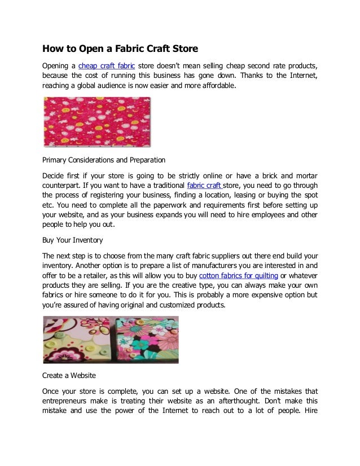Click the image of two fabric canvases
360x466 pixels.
click(x=111, y=339)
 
